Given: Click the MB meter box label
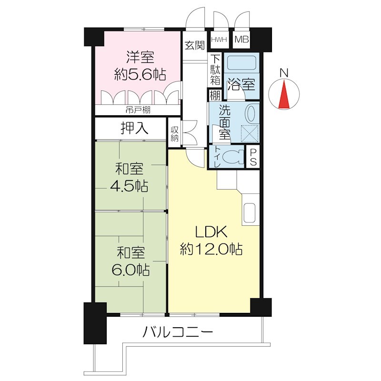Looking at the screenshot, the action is click(x=242, y=39).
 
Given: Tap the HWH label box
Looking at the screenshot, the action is click(x=219, y=40).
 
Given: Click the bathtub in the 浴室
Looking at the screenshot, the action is click(x=241, y=62).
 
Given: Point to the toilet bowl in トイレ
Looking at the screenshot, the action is click(x=233, y=157).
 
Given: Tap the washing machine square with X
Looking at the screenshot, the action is click(x=250, y=133).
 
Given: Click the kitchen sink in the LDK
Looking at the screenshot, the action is click(x=249, y=212).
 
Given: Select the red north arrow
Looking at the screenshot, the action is click(x=284, y=94).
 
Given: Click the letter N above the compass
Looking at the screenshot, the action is click(x=284, y=73).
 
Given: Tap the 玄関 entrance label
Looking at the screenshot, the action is click(x=195, y=45).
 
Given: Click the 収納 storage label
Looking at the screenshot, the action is click(x=174, y=134).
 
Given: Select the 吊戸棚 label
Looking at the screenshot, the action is click(x=138, y=110).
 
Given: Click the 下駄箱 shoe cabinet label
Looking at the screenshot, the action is click(x=215, y=70).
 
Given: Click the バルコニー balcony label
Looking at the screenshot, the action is click(x=177, y=332).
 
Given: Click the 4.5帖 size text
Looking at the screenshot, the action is click(x=129, y=186).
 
